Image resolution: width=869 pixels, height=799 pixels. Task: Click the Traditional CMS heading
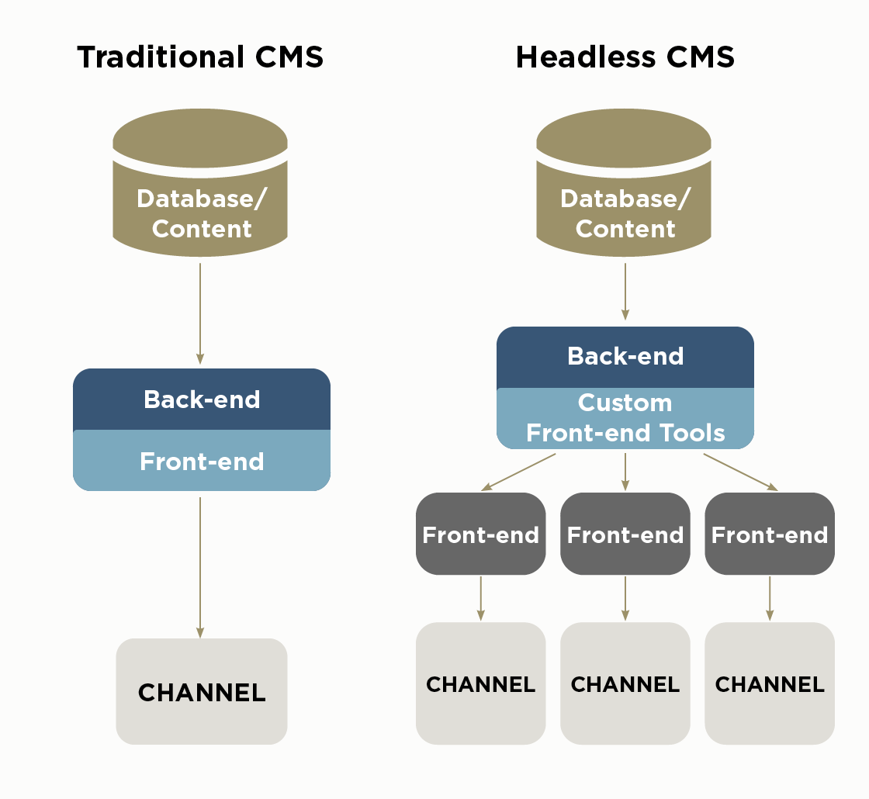click(x=200, y=58)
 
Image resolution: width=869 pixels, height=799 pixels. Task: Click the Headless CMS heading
click(x=625, y=58)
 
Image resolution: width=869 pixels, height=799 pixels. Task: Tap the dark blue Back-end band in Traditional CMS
click(x=202, y=399)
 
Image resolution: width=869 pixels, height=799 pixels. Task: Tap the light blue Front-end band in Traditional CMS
click(x=202, y=461)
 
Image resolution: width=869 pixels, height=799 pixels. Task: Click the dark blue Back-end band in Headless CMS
click(x=625, y=357)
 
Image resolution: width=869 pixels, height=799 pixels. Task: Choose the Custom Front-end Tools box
click(x=625, y=418)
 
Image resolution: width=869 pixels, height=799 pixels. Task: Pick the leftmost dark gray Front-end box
click(x=480, y=534)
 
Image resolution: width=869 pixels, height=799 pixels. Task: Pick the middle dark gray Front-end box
click(x=625, y=534)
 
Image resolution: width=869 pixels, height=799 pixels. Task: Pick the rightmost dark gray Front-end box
click(x=770, y=534)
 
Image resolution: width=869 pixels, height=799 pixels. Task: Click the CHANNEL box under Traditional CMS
click(x=202, y=691)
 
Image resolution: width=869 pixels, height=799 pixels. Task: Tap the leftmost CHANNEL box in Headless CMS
click(x=480, y=683)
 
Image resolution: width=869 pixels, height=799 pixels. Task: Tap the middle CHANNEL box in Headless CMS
click(x=625, y=683)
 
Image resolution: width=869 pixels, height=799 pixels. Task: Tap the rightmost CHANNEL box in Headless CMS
click(x=770, y=683)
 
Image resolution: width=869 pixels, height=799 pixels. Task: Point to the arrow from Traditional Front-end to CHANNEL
click(x=200, y=566)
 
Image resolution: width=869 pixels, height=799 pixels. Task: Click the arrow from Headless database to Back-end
click(x=625, y=292)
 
